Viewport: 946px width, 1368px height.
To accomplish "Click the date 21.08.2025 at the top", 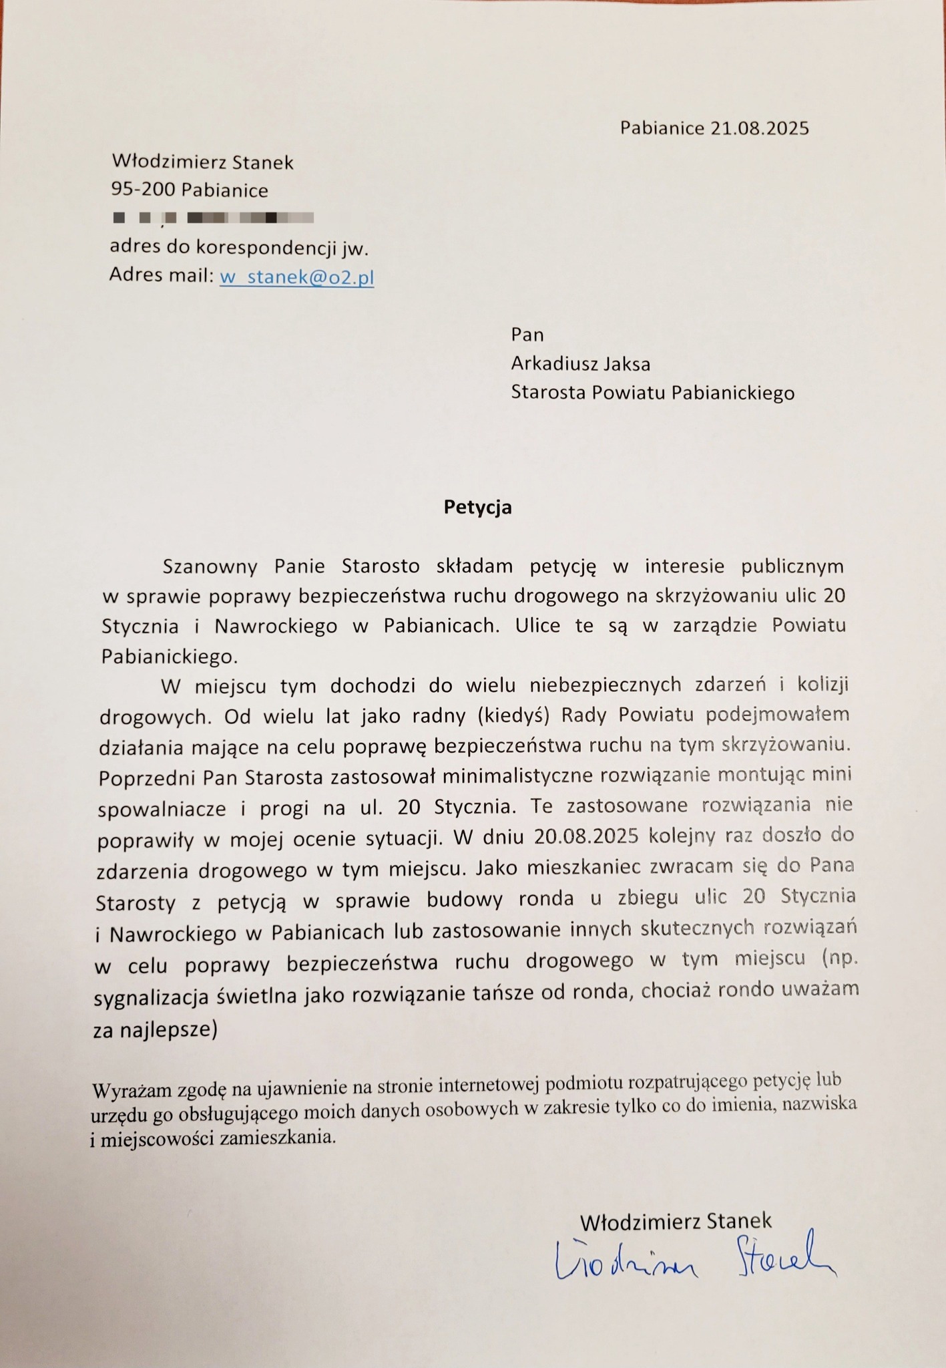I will pos(759,128).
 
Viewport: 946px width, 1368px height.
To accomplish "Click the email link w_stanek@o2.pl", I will pos(297,277).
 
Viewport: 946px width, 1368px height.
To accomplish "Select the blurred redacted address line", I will pos(214,218).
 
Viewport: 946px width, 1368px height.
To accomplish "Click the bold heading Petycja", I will pos(477,508).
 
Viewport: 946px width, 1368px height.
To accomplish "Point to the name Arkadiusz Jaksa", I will pos(580,364).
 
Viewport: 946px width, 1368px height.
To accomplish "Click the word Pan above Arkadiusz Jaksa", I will pos(527,334).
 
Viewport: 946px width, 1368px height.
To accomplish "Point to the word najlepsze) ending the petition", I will pos(169,1029).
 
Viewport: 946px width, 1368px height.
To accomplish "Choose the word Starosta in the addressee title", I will pos(549,393).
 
